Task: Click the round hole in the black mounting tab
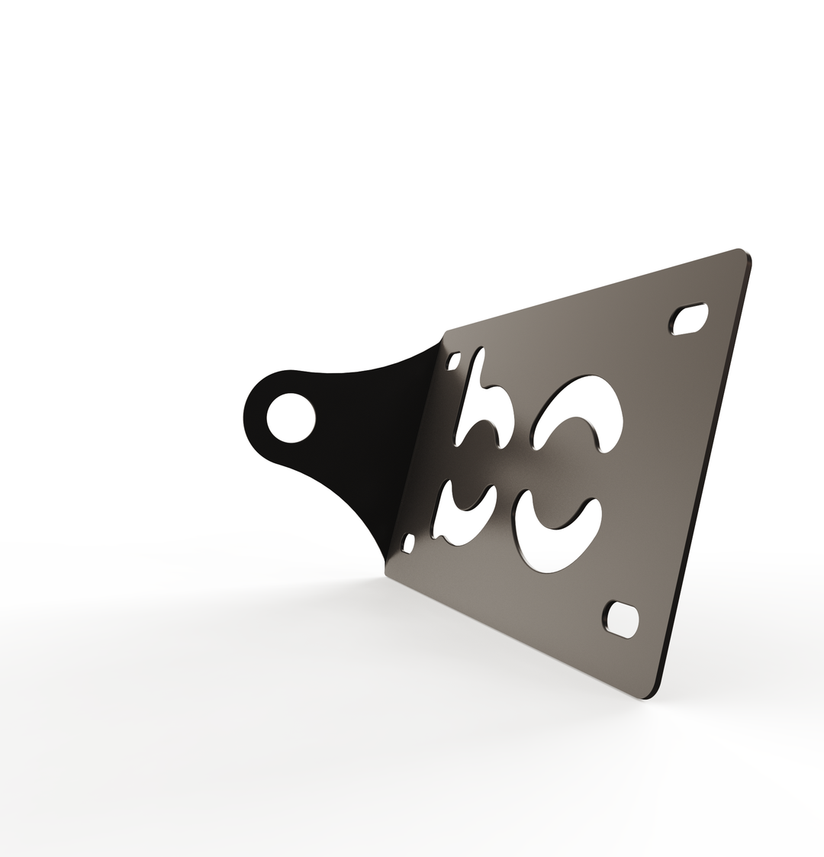pos(291,417)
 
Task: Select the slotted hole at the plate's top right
pos(690,320)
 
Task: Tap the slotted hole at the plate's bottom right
pos(623,619)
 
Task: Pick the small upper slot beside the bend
pos(453,360)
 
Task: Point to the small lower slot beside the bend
pos(408,543)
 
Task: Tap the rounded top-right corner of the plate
pos(743,255)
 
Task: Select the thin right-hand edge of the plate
pos(706,473)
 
